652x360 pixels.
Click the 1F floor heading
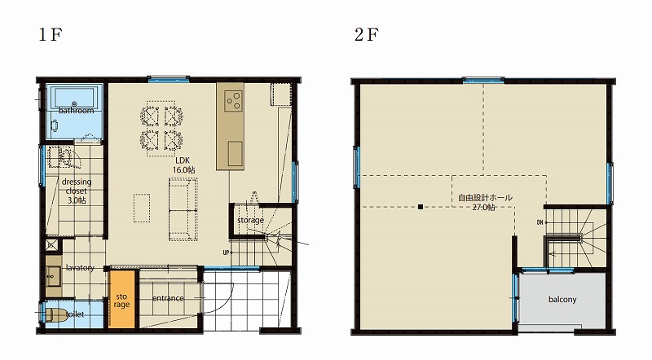point(51,34)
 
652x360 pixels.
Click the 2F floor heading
point(366,34)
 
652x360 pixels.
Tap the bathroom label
point(76,111)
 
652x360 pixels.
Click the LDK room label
point(183,161)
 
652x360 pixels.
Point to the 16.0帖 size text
point(184,169)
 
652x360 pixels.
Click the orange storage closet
point(122,299)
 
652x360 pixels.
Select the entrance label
point(168,298)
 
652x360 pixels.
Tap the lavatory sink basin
point(53,277)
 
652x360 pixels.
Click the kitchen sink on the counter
point(235,153)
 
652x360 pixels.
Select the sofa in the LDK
point(183,209)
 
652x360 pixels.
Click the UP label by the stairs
point(226,252)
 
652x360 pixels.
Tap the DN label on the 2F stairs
point(540,222)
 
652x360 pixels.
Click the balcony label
point(562,299)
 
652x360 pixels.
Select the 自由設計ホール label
point(485,198)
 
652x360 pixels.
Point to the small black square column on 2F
point(421,207)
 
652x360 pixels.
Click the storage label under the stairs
point(250,221)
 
